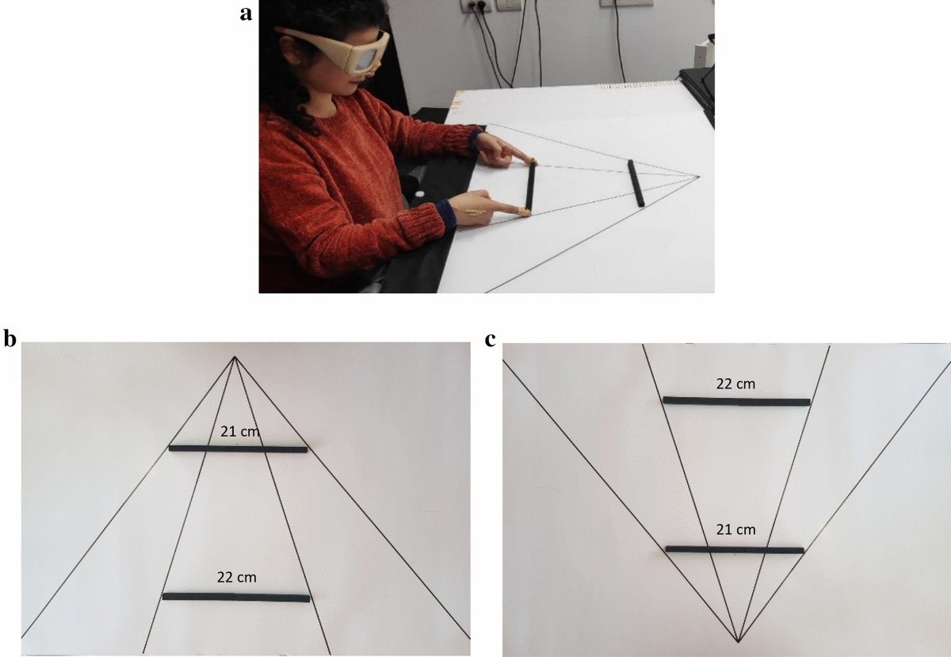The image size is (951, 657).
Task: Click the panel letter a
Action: [246, 14]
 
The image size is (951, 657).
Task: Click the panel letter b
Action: [10, 339]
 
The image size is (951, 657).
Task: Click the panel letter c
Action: [491, 340]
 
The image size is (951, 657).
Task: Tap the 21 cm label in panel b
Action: [239, 431]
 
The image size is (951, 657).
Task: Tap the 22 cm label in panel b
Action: [237, 577]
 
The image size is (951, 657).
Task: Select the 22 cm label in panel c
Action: [735, 384]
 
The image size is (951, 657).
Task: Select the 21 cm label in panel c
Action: [735, 529]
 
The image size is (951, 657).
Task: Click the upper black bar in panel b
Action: [238, 449]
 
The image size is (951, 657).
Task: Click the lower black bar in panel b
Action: [236, 597]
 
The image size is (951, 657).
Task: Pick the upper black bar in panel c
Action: [736, 401]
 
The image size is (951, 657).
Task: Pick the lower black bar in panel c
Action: [735, 549]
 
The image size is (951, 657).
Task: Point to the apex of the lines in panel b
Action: [235, 357]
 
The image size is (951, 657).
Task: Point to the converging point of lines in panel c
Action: [739, 653]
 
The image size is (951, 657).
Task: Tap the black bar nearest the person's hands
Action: [530, 187]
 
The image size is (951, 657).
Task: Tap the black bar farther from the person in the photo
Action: [636, 183]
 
